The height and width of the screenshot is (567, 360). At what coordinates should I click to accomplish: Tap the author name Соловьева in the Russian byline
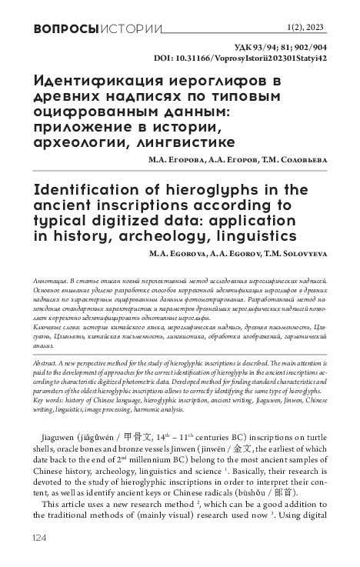coord(301,161)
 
